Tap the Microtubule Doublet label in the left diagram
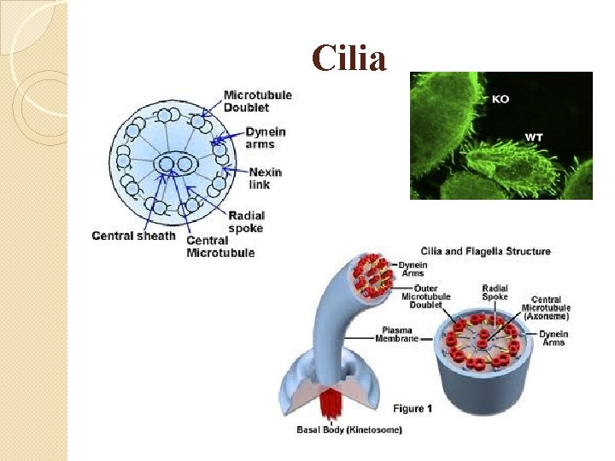click(x=257, y=101)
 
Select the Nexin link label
click(x=266, y=178)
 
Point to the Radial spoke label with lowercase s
click(x=247, y=222)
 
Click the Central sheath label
click(x=133, y=236)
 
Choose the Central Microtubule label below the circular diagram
click(x=220, y=247)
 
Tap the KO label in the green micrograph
click(x=501, y=99)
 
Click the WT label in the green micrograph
click(x=534, y=137)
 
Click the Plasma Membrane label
click(x=397, y=334)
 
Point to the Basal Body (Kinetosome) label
click(x=349, y=429)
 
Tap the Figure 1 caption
click(x=413, y=408)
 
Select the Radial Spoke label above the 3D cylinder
click(x=495, y=292)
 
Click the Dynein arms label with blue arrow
click(x=266, y=138)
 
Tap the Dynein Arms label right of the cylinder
click(x=553, y=338)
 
